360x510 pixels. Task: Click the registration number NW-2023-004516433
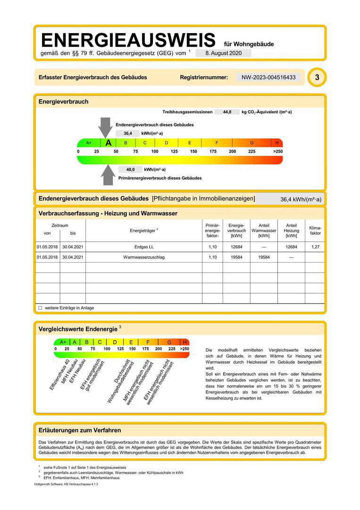[268, 77]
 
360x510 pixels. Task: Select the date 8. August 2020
[224, 53]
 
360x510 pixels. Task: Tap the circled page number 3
[317, 77]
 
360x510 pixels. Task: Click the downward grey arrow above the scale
[105, 127]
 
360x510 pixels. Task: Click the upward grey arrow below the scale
[108, 175]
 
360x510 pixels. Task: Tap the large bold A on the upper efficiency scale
[109, 143]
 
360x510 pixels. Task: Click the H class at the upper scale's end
[277, 143]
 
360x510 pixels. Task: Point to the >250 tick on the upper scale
[277, 152]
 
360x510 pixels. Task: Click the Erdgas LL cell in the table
[144, 247]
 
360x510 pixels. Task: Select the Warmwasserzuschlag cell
[144, 257]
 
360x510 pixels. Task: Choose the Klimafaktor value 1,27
[315, 247]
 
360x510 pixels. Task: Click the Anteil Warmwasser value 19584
[264, 257]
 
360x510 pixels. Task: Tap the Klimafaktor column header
[315, 230]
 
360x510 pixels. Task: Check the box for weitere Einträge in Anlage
[40, 308]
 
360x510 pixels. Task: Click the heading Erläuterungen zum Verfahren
[80, 430]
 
